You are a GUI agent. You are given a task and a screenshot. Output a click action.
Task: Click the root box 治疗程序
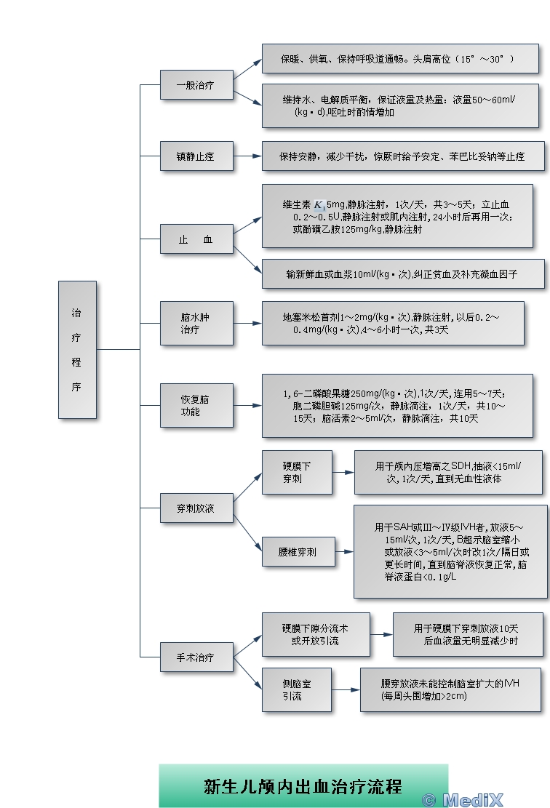pyautogui.click(x=77, y=350)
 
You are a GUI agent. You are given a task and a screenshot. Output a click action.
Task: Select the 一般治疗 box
pyautogui.click(x=197, y=84)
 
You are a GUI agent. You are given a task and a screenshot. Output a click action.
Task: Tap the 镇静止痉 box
pyautogui.click(x=197, y=156)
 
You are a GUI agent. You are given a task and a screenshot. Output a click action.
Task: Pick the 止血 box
pyautogui.click(x=197, y=239)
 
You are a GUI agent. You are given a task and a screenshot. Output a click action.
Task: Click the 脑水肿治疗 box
pyautogui.click(x=197, y=323)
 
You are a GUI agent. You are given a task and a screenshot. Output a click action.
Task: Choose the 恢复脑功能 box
pyautogui.click(x=197, y=405)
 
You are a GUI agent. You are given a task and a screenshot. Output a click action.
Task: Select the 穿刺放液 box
pyautogui.click(x=197, y=507)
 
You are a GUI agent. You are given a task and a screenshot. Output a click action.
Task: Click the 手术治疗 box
pyautogui.click(x=197, y=657)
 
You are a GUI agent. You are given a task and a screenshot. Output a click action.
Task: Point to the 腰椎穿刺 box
pyautogui.click(x=297, y=552)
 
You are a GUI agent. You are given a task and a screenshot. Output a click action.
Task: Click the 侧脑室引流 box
pyautogui.click(x=297, y=690)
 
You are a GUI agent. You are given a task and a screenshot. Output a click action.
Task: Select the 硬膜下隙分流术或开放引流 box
pyautogui.click(x=315, y=635)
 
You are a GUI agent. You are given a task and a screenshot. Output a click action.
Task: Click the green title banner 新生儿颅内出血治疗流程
pyautogui.click(x=303, y=785)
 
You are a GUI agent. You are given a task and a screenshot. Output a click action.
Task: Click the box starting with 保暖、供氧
pyautogui.click(x=400, y=58)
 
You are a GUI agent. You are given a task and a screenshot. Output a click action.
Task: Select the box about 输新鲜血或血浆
pyautogui.click(x=403, y=274)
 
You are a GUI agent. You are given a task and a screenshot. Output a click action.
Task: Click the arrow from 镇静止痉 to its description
pyautogui.click(x=248, y=156)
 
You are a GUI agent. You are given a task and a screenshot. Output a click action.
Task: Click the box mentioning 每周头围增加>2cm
pyautogui.click(x=450, y=689)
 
